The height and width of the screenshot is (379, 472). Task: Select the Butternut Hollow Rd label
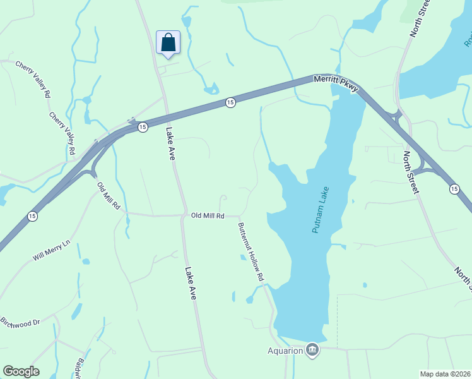[251, 251]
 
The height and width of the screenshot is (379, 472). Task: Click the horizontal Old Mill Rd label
[208, 216]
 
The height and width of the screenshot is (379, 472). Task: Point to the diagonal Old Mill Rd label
[108, 195]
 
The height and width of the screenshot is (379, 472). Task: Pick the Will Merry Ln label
[51, 251]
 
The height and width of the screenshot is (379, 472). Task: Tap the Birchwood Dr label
[20, 322]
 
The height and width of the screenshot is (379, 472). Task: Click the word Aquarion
[285, 350]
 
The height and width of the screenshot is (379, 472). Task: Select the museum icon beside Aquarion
[312, 349]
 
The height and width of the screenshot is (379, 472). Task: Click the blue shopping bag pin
[168, 43]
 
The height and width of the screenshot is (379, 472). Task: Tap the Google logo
[21, 371]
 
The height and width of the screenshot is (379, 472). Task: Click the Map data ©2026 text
[445, 374]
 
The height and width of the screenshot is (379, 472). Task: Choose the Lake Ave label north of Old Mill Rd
[170, 143]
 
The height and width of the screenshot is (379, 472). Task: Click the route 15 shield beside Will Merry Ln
[32, 217]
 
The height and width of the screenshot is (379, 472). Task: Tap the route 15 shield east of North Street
[454, 189]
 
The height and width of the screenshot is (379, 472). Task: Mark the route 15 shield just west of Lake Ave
[143, 127]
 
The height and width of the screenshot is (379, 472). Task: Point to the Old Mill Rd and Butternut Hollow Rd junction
[237, 216]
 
